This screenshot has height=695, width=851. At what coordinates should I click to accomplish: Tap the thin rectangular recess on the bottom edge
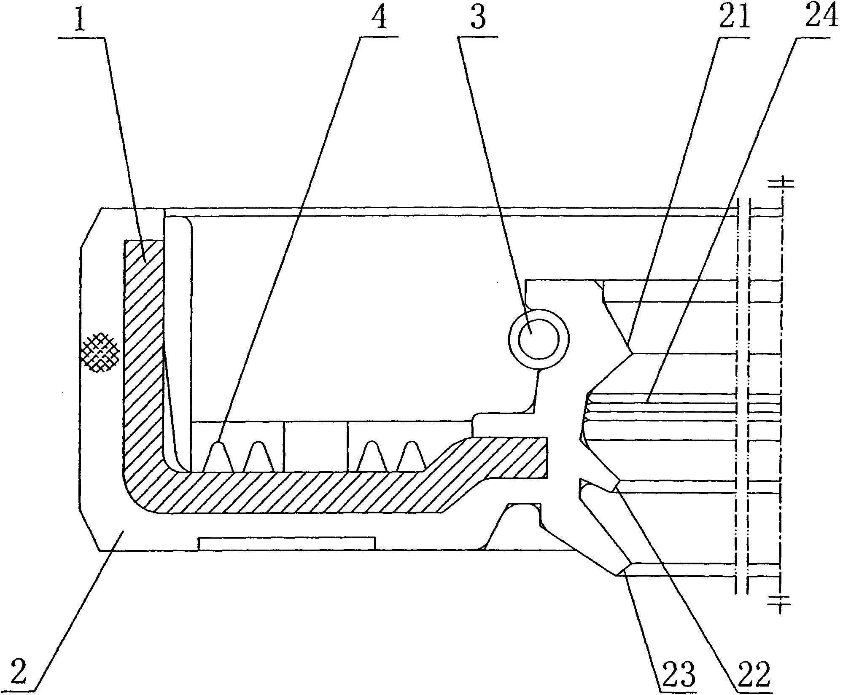[287, 544]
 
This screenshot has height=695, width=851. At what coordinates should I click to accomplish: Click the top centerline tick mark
[781, 183]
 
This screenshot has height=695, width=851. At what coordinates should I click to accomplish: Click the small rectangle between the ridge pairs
[316, 446]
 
